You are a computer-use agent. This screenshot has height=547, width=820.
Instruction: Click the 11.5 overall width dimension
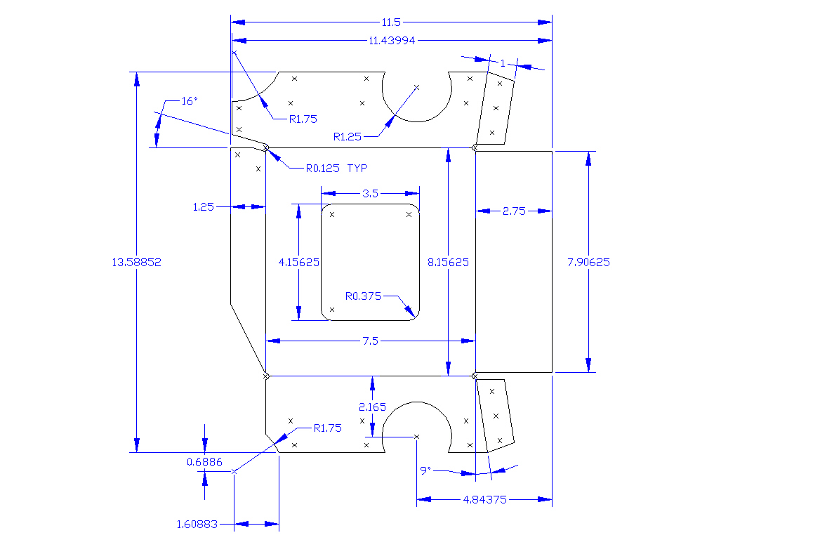392,22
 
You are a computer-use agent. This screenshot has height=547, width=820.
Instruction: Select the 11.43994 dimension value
392,41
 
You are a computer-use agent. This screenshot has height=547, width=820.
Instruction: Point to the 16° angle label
190,101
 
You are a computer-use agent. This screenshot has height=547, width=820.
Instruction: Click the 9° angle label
425,470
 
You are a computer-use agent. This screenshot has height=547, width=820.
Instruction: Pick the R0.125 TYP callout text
336,169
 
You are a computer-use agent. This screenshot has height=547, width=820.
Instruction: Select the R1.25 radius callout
347,137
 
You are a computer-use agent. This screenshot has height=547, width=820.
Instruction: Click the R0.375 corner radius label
363,296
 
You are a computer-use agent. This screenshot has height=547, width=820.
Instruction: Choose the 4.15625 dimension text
299,263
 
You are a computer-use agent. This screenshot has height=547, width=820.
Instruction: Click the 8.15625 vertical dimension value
448,263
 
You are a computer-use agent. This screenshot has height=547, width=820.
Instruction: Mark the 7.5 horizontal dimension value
370,341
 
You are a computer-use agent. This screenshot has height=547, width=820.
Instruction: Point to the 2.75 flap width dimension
514,211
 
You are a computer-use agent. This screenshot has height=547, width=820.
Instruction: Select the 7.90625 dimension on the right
588,263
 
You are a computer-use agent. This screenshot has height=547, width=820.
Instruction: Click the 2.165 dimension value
372,407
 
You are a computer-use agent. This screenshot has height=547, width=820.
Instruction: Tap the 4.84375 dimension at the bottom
484,499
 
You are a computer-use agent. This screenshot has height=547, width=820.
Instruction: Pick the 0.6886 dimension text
204,461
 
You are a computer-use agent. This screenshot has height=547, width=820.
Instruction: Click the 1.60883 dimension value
197,524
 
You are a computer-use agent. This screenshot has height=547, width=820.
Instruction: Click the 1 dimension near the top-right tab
503,63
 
